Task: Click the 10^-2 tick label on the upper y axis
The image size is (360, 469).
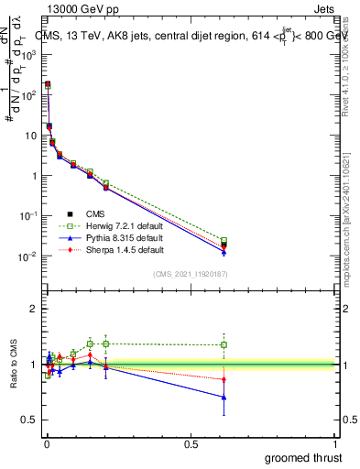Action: click(27, 256)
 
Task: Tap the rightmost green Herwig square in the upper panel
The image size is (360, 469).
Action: click(224, 241)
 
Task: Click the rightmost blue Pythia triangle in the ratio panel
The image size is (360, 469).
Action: click(224, 397)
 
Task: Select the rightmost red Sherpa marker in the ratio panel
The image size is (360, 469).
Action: click(224, 378)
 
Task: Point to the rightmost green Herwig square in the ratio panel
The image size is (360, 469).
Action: click(224, 345)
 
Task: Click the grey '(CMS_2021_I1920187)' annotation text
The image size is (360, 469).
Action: click(189, 274)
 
